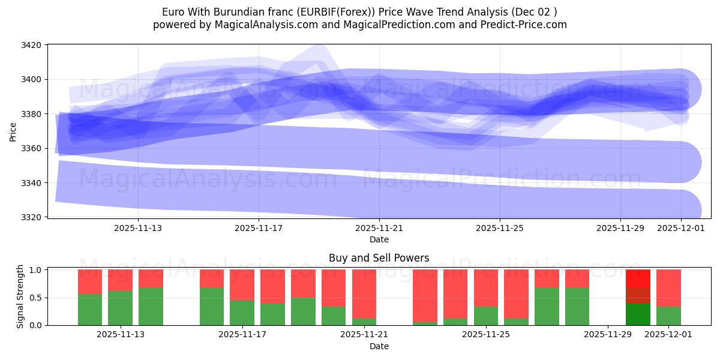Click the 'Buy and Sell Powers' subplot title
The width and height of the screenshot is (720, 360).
[379, 259]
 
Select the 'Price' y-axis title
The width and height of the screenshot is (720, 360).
[13, 131]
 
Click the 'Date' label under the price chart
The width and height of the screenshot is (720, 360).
[379, 239]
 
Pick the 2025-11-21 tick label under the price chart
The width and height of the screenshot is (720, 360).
[379, 228]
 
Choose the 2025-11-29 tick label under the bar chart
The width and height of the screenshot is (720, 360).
[608, 334]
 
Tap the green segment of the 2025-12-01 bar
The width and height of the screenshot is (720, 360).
[668, 316]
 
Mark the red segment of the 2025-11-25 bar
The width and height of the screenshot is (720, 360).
[485, 287]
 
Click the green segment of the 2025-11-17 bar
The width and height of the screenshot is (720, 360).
[242, 313]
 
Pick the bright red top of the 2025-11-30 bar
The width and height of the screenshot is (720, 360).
[638, 278]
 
